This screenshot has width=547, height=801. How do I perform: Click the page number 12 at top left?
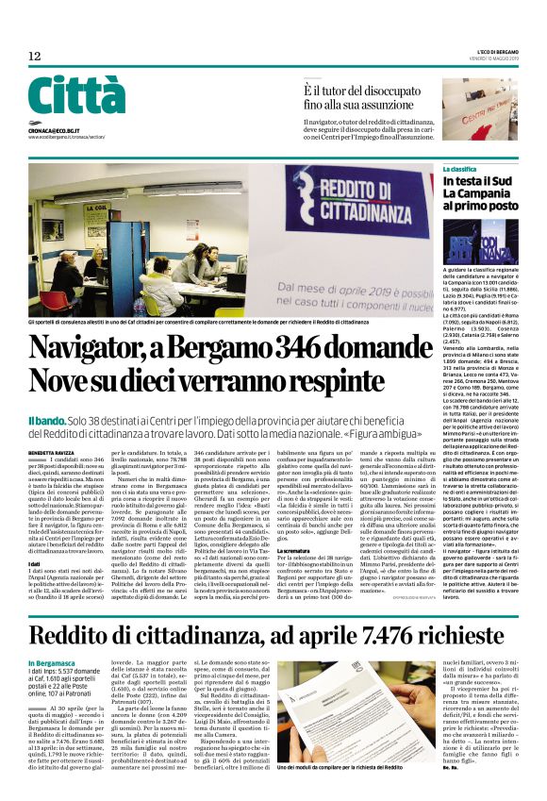point(35,57)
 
